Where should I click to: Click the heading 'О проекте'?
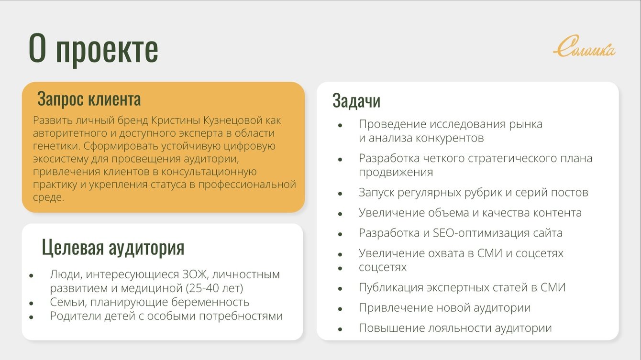click(93, 49)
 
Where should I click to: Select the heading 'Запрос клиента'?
click(89, 99)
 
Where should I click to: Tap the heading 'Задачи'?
click(356, 101)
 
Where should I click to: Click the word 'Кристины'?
click(176, 120)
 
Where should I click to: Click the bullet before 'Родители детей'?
click(31, 317)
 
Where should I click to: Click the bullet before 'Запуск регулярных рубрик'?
click(340, 194)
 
